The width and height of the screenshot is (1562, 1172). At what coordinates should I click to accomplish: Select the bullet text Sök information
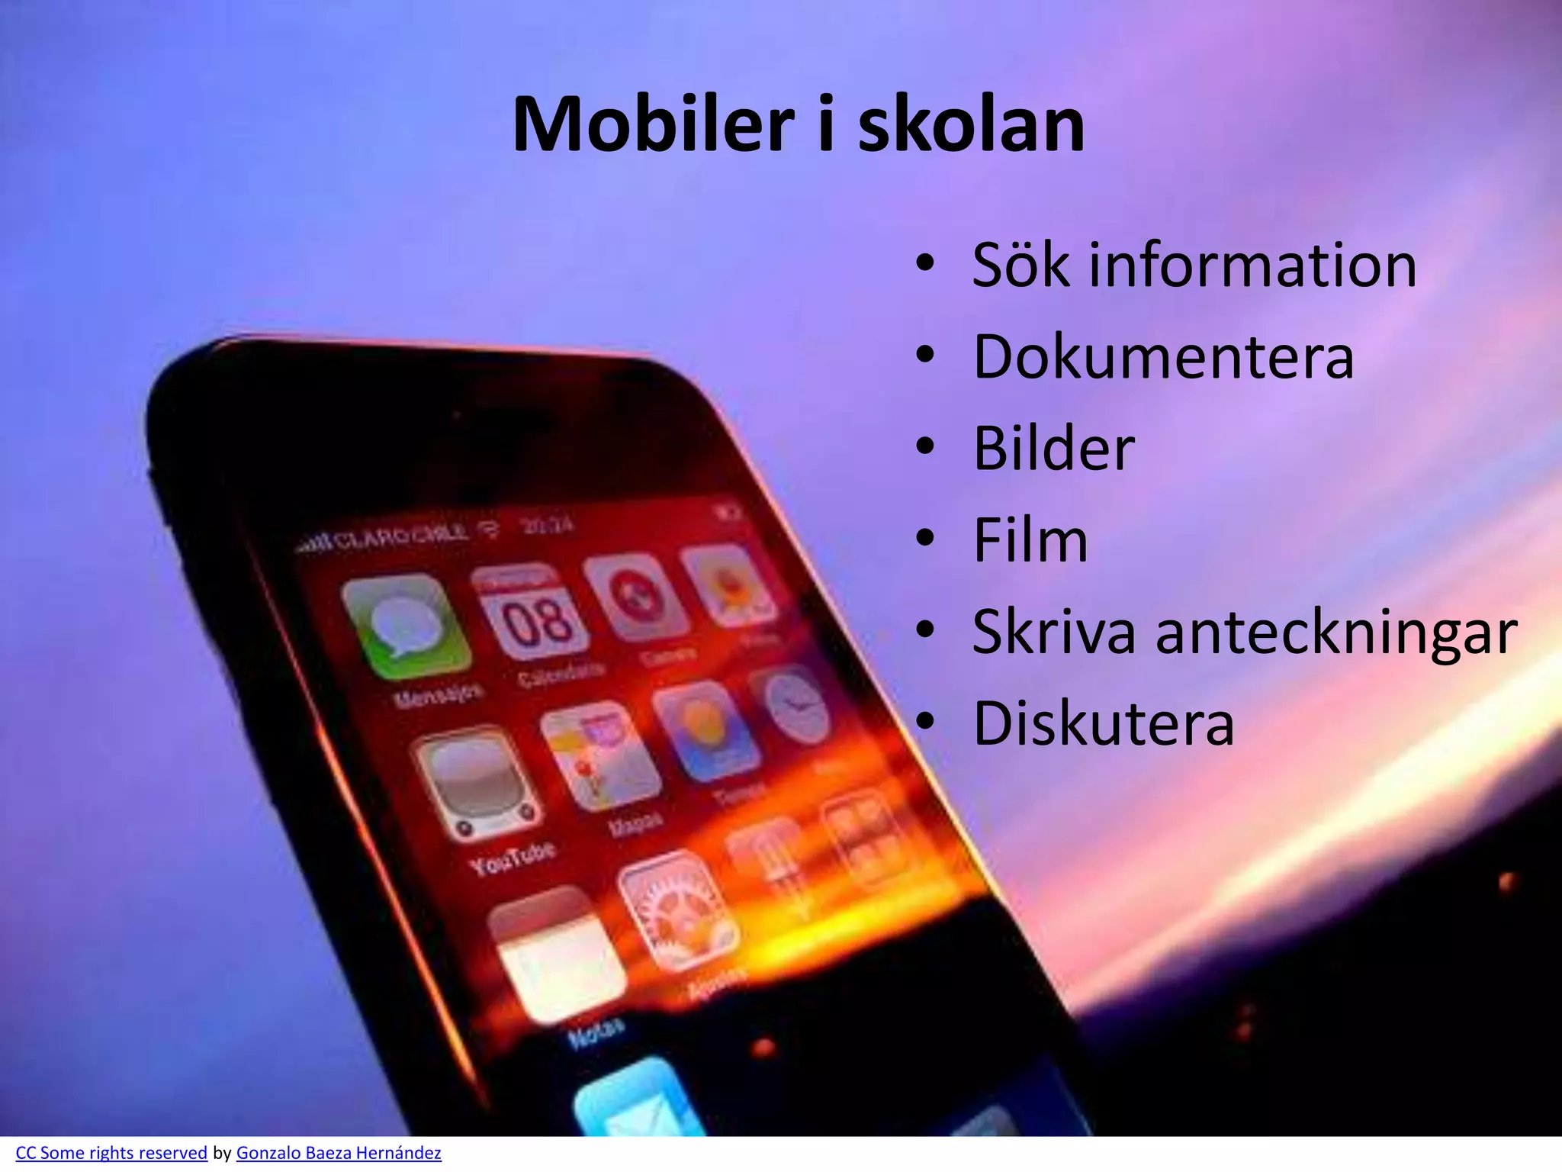click(1194, 265)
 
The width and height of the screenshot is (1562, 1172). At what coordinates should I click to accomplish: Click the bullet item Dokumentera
click(1163, 356)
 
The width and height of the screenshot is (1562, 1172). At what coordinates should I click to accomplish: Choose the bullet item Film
click(1030, 540)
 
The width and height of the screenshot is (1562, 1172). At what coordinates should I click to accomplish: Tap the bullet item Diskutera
click(1103, 723)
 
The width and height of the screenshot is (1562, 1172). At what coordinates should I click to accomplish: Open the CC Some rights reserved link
click(111, 1153)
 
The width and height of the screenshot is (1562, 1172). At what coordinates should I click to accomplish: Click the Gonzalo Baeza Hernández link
click(339, 1153)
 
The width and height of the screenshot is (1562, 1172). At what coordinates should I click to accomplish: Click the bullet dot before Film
click(925, 539)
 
